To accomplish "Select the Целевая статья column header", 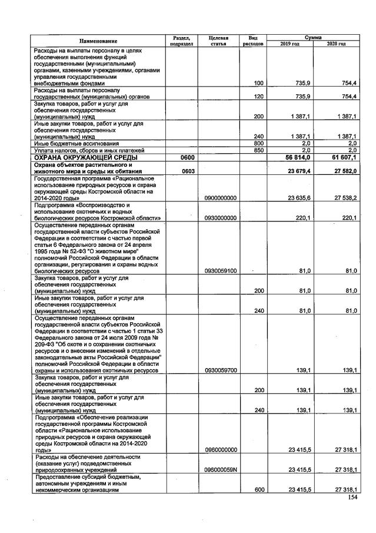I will [218, 41].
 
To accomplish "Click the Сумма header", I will [313, 37].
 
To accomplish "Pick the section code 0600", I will [181, 158].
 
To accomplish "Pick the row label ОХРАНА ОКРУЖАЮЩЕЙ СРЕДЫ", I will [86, 158].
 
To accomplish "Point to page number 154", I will [352, 496].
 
